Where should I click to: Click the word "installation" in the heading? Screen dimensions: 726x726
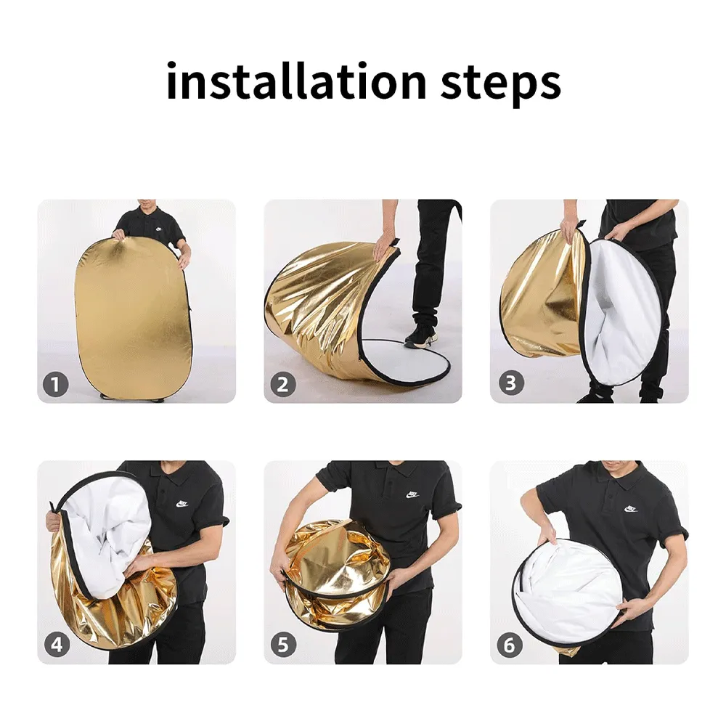(x=296, y=81)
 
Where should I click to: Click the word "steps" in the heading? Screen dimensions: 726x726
(x=500, y=84)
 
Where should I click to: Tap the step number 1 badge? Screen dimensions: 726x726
(x=56, y=384)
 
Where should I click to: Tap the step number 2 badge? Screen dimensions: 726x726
(x=283, y=384)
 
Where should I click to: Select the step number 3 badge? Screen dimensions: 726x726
(x=510, y=383)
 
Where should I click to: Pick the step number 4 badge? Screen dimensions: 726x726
(x=57, y=645)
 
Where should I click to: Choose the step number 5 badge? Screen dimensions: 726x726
(x=283, y=645)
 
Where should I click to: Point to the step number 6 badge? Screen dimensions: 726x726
(x=510, y=645)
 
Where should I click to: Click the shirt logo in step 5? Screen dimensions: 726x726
(x=412, y=495)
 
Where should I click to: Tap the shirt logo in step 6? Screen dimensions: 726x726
(x=631, y=509)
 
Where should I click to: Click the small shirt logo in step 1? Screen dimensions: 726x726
(x=159, y=229)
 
